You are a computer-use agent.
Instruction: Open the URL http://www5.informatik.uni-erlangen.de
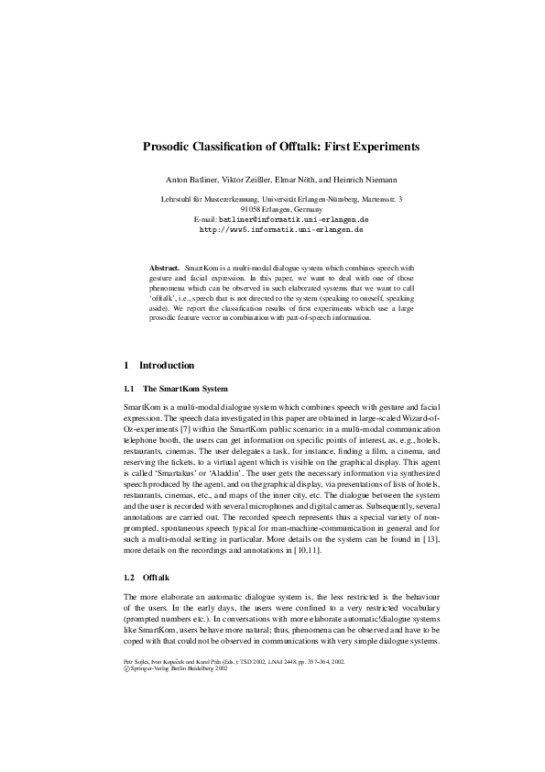coord(272,231)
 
